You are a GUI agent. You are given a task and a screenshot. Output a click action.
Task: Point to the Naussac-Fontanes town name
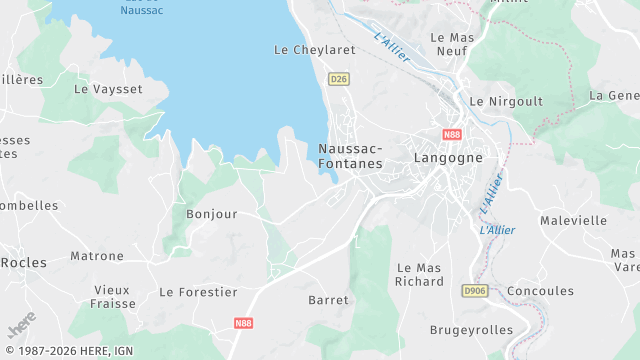350,156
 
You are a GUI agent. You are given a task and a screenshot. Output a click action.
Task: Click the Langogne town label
448,158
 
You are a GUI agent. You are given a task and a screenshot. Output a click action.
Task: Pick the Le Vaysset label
108,89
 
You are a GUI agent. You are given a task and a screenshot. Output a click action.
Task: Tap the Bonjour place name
212,214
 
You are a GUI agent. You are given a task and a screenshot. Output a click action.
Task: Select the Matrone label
97,256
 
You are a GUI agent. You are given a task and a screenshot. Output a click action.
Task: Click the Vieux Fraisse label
112,296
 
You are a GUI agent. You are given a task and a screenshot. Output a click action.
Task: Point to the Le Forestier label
198,292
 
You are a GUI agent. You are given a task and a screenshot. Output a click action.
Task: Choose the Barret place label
329,300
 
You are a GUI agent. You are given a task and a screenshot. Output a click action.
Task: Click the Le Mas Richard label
420,275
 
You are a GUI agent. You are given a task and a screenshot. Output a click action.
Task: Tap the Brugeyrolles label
471,330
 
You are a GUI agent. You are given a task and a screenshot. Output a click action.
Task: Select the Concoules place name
541,291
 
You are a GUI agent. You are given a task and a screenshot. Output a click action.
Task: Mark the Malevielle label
573,220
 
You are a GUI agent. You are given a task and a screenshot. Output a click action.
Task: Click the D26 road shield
339,78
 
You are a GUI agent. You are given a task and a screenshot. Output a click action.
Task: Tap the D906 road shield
475,290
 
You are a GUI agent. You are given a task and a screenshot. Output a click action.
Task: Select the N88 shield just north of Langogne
451,133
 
